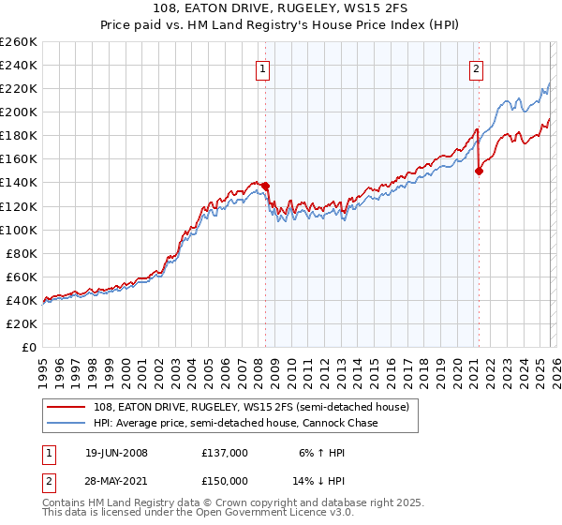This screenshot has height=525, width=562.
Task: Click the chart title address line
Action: click(x=281, y=8)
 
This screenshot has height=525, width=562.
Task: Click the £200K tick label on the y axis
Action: click(x=19, y=112)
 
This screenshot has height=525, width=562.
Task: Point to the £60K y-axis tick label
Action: click(x=22, y=277)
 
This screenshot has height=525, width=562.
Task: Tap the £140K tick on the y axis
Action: click(x=19, y=183)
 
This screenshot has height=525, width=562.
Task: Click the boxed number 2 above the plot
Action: click(x=477, y=67)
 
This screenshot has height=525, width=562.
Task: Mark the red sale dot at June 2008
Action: click(x=266, y=186)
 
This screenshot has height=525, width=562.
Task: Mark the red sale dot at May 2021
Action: click(x=480, y=171)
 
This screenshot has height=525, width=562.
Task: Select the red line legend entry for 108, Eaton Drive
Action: click(x=253, y=408)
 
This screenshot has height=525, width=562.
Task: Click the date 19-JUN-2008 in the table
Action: click(x=116, y=453)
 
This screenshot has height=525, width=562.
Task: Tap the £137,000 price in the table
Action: click(x=224, y=453)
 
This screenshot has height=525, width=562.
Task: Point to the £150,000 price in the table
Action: click(x=224, y=479)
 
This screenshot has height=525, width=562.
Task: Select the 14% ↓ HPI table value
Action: click(x=320, y=479)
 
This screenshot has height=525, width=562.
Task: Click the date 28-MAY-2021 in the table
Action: click(x=116, y=479)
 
